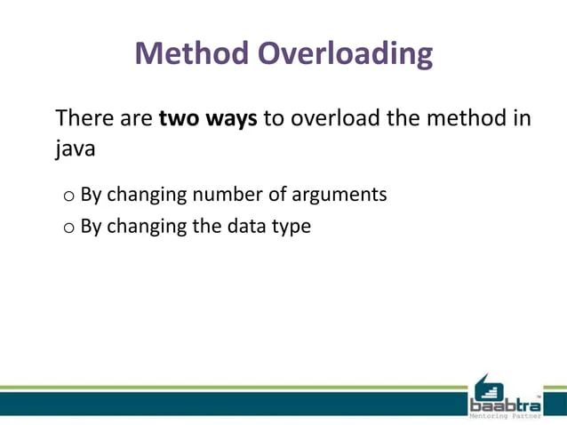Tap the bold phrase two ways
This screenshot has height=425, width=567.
[208, 118]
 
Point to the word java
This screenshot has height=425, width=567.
[75, 149]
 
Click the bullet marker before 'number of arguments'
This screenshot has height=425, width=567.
[68, 195]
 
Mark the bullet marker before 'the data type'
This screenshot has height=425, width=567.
[68, 229]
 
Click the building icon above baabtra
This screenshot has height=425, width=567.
[486, 385]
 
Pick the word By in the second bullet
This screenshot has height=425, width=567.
[91, 227]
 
